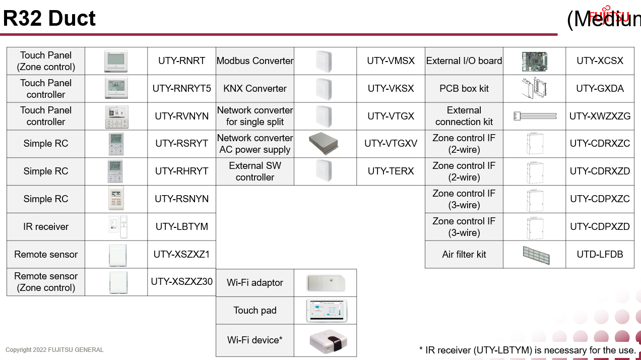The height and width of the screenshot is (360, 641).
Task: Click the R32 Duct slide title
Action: click(x=49, y=19)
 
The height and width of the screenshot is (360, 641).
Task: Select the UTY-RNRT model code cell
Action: click(x=181, y=61)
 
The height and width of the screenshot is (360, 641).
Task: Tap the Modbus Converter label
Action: click(x=254, y=61)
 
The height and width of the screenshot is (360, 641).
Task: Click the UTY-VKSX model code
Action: click(x=391, y=89)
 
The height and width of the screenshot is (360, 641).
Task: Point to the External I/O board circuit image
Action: click(x=534, y=61)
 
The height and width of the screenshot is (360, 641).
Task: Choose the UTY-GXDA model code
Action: click(x=600, y=89)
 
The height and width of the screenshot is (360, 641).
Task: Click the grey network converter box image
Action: click(x=325, y=144)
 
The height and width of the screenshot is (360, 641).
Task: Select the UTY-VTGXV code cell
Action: click(x=391, y=144)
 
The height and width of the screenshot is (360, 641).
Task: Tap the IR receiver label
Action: click(x=46, y=227)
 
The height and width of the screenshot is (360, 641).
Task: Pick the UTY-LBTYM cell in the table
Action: click(x=181, y=227)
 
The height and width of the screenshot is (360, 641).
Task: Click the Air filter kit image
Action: click(x=536, y=255)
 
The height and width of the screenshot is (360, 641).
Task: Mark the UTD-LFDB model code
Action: click(x=600, y=255)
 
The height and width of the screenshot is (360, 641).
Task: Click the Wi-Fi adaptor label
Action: click(x=254, y=283)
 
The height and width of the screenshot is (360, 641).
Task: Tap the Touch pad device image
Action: click(x=325, y=310)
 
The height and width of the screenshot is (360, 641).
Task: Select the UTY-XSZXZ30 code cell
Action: click(x=181, y=281)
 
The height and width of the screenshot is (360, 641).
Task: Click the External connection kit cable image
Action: click(x=535, y=116)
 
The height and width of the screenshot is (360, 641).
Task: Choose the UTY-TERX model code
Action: click(x=391, y=171)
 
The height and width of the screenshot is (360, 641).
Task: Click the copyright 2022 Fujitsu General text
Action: click(x=54, y=350)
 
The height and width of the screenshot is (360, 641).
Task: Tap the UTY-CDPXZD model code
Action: click(x=600, y=227)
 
